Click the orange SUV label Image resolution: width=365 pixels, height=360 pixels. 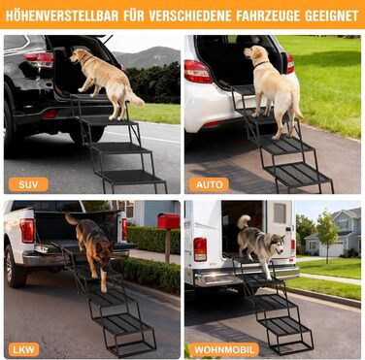[x=28, y=184]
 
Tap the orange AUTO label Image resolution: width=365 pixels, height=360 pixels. [x=209, y=184]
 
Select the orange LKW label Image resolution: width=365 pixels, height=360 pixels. [x=23, y=349]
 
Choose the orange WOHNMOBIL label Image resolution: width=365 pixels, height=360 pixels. [x=224, y=349]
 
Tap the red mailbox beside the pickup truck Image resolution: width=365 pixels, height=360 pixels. [x=168, y=221]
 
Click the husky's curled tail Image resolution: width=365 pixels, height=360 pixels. [x=244, y=221]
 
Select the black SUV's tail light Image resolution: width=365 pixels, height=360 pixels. [x=39, y=59]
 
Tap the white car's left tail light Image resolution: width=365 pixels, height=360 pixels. [x=198, y=72]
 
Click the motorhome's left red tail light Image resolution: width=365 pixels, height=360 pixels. [x=200, y=249]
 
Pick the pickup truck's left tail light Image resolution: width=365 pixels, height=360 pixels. [x=27, y=231]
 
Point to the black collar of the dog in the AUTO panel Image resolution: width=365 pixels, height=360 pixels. [x=261, y=64]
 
